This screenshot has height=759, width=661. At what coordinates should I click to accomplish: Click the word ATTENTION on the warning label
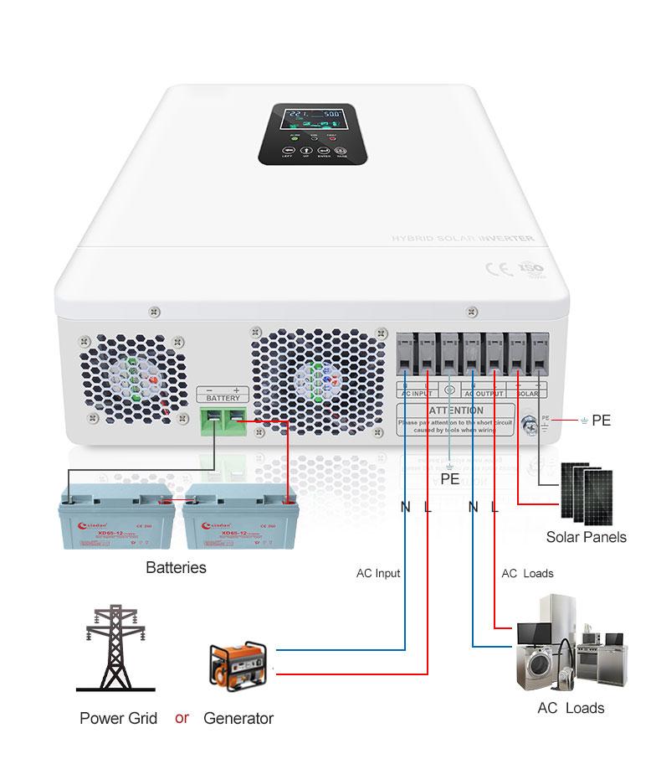click(x=456, y=410)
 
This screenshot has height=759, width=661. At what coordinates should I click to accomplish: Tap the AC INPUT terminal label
click(x=417, y=392)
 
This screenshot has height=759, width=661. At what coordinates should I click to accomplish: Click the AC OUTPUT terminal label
click(x=483, y=392)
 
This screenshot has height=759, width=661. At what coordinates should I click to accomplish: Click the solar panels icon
click(x=587, y=493)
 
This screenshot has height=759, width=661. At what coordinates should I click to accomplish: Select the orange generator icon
click(x=237, y=665)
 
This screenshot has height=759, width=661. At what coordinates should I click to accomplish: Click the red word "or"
click(x=182, y=718)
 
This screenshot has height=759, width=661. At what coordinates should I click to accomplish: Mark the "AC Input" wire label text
click(x=378, y=574)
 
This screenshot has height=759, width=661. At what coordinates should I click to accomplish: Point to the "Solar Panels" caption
click(x=586, y=537)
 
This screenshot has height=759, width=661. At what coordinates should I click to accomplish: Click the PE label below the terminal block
click(x=450, y=479)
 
